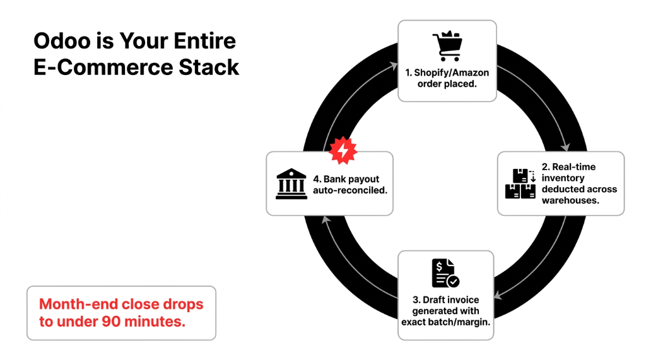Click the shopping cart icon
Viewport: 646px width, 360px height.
(x=447, y=47)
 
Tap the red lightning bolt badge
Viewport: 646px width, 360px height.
(x=343, y=150)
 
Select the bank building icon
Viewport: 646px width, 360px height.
(x=291, y=184)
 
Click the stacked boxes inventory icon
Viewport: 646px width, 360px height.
(x=520, y=183)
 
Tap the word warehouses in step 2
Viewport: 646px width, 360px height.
(x=570, y=200)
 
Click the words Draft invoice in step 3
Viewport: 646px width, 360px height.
(x=446, y=300)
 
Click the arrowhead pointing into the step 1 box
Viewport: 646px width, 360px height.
(x=394, y=64)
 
